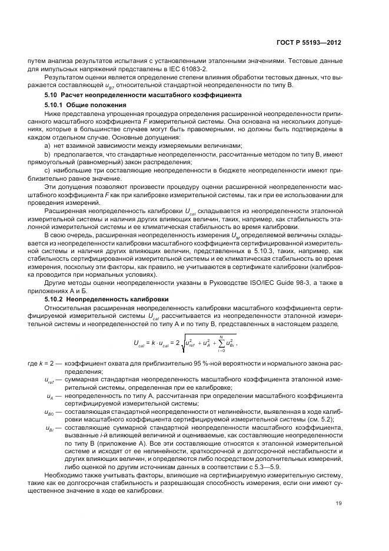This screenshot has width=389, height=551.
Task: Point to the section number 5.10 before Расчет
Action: (51, 95)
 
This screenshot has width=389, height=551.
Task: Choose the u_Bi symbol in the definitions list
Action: (49, 428)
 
